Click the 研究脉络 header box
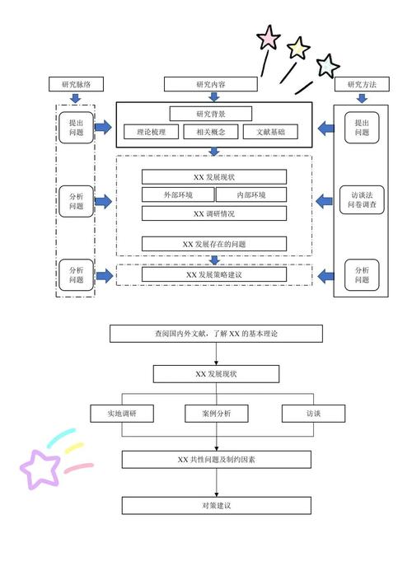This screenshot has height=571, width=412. coord(76,84)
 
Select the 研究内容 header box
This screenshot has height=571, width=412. coord(211,84)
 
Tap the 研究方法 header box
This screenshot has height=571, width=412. coord(362,84)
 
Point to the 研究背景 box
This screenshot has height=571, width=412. coord(211,114)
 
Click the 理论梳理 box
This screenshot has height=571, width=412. coord(152,131)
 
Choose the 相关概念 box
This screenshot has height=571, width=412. coord(211,131)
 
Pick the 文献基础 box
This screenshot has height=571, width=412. coord(270,131)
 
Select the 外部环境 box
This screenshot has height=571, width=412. coord(178,195)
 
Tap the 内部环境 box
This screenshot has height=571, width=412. coord(250,195)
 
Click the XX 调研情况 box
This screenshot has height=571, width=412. coord(214,213)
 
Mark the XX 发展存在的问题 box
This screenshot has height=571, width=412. coord(214,244)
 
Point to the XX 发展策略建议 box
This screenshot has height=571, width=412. coord(214,274)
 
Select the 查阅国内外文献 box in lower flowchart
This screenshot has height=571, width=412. coord(216,334)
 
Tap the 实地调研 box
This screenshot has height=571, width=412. coord(121,414)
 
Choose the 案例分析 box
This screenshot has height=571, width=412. coord(216,414)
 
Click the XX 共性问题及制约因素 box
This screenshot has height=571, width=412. coord(216,459)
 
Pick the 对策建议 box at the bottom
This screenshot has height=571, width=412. coord(216,505)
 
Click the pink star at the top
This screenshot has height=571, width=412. coord(269,37)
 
